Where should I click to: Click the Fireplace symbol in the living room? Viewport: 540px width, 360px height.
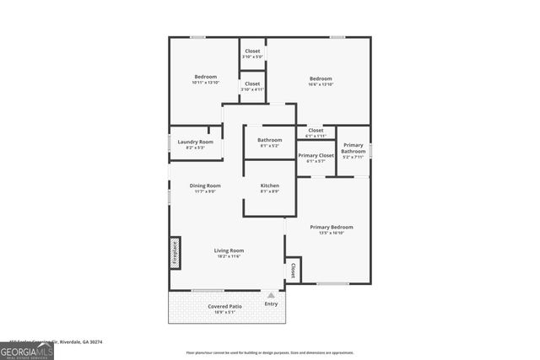point(175,253)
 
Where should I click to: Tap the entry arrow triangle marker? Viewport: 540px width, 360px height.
point(271,295)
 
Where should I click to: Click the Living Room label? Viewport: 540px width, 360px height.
point(229,250)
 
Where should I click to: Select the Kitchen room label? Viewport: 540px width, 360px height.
point(270,185)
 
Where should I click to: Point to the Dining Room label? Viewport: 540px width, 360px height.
point(205,185)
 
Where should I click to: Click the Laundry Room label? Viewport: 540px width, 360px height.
point(195,142)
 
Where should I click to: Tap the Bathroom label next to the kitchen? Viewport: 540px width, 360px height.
point(270,140)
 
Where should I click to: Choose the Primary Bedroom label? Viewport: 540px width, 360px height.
point(331,227)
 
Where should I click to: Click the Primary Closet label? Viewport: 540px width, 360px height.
point(316,156)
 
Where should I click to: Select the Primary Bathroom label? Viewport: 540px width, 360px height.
point(354,148)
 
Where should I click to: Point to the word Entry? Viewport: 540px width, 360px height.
point(271,304)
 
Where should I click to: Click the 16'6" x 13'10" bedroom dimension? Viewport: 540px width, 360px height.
point(321,84)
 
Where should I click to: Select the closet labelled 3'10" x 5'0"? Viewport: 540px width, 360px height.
point(253,56)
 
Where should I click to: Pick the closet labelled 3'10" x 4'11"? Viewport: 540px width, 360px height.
point(253,89)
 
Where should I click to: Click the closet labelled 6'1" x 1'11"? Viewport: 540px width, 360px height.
point(316,136)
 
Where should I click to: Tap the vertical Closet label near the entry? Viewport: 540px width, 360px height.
point(293,271)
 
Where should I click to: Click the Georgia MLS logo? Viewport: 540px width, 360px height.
point(27,351)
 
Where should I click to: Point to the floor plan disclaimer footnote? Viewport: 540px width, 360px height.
point(270,352)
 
